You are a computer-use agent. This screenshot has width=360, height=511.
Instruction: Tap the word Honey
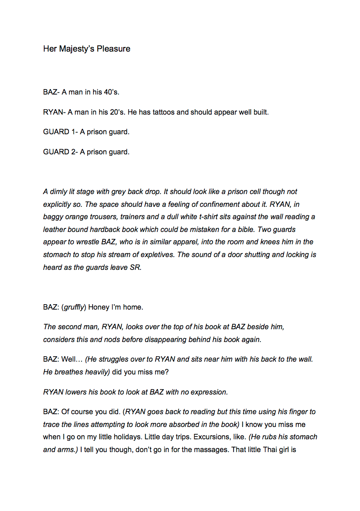click(99, 307)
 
